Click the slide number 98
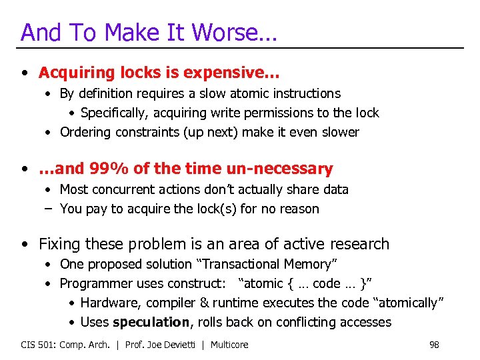[434, 345]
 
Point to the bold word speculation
[151, 322]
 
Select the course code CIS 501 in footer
[39, 345]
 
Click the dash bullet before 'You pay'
[49, 209]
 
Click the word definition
[105, 94]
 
